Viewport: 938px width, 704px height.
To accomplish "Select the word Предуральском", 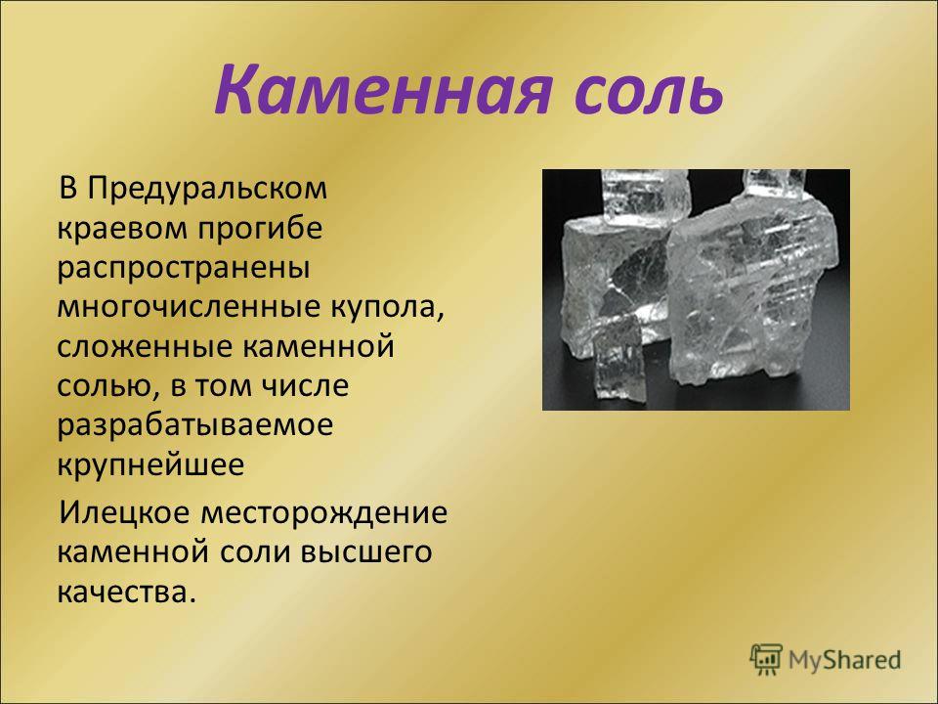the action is pyautogui.click(x=207, y=190).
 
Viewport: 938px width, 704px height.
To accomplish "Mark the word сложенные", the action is pyautogui.click(x=141, y=347).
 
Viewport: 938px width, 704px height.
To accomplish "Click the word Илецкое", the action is pyautogui.click(x=125, y=513).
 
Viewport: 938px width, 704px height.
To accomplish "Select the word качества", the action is pyautogui.click(x=127, y=593).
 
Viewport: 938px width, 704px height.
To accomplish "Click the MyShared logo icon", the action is pyautogui.click(x=766, y=660).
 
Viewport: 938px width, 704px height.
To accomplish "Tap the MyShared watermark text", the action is pyautogui.click(x=844, y=660).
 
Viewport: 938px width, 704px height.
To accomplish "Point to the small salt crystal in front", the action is pyautogui.click(x=619, y=360).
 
